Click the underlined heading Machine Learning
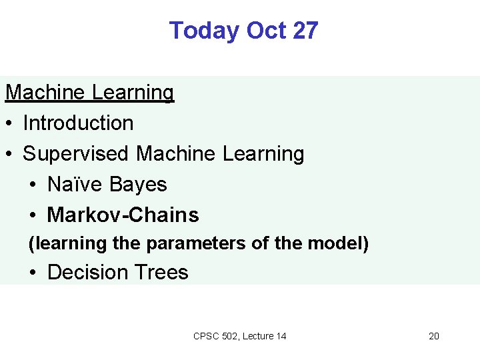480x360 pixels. (x=89, y=93)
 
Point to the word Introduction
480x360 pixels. (x=78, y=123)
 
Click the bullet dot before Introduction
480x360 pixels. (x=9, y=124)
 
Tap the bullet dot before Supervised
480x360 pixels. (x=9, y=155)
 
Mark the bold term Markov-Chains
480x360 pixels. (x=123, y=215)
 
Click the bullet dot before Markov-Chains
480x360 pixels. (x=34, y=216)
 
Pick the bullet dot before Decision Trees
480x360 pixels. (x=34, y=273)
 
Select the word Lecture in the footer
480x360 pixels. (x=258, y=336)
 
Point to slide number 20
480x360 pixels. (x=433, y=336)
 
